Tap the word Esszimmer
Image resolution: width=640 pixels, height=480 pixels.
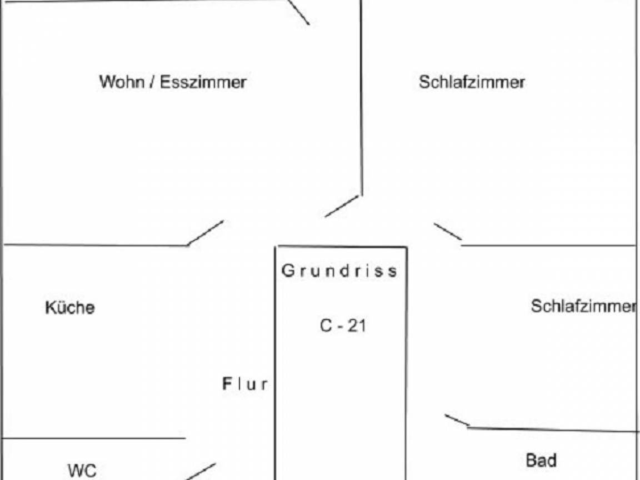(203, 82)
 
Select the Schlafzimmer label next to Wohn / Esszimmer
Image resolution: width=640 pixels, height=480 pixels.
(472, 82)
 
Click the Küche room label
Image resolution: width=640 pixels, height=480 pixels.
(70, 307)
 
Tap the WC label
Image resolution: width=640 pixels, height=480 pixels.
(82, 470)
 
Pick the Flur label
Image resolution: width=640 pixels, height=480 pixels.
(245, 384)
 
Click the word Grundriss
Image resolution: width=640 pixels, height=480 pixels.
(339, 271)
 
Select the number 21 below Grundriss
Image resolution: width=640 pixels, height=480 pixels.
(356, 326)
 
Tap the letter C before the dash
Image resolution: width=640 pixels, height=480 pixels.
(326, 326)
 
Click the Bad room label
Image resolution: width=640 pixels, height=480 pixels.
(541, 461)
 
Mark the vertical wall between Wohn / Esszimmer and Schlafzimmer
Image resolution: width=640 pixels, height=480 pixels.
(361, 98)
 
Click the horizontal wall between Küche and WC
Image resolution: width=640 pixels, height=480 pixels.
(94, 438)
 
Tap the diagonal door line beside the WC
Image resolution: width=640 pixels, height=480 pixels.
(201, 472)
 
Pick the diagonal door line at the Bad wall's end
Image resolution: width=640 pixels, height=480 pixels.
(457, 421)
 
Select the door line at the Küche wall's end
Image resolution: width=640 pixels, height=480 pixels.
(206, 233)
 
